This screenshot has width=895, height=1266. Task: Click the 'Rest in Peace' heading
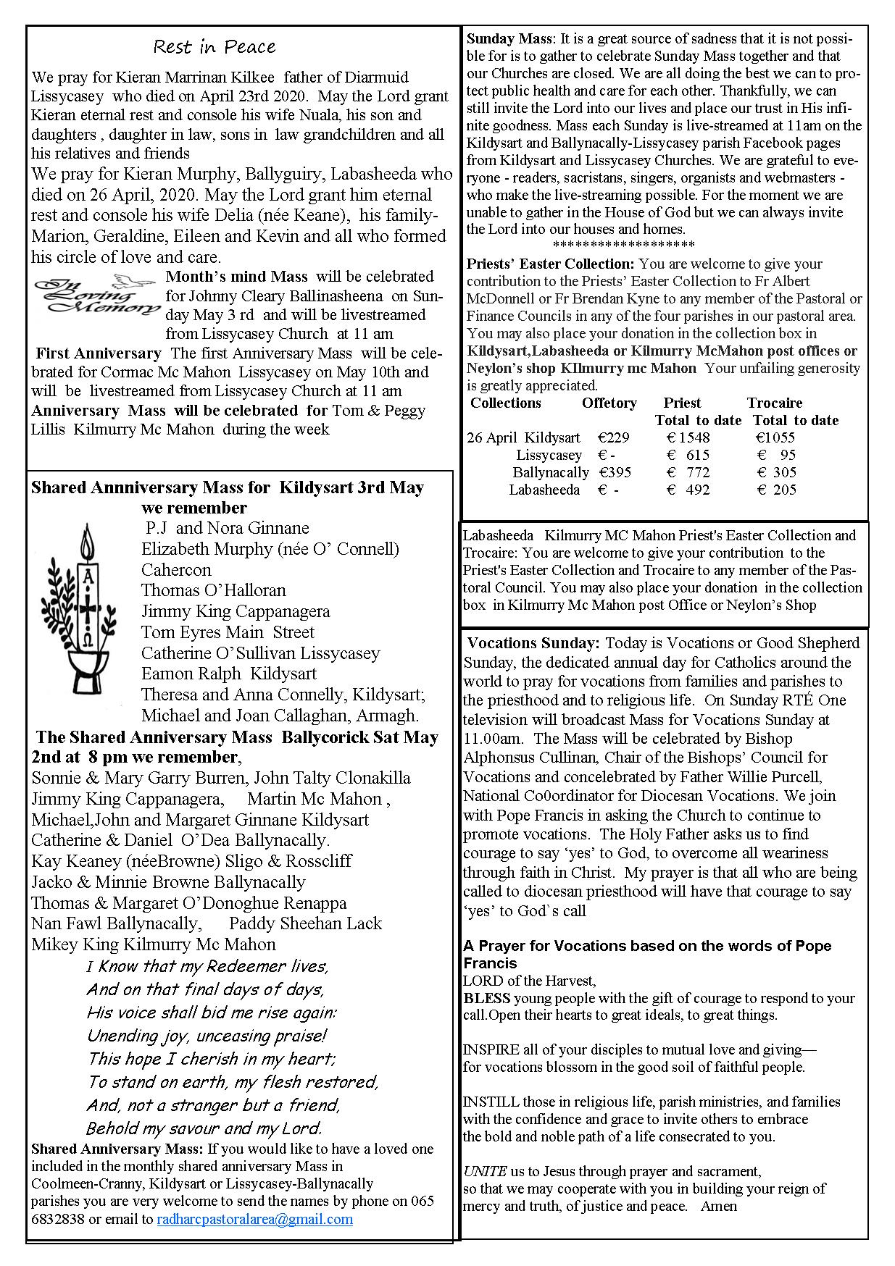tap(215, 47)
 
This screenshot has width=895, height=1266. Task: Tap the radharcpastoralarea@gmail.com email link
tap(254, 1219)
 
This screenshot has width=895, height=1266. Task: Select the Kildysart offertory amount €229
tap(614, 437)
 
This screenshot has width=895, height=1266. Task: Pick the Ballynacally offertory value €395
tap(615, 472)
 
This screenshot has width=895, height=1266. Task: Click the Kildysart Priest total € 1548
tap(688, 437)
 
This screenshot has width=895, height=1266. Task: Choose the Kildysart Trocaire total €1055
tap(775, 437)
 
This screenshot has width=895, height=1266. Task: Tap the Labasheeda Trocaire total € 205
tap(777, 490)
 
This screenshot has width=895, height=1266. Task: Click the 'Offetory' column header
tap(609, 403)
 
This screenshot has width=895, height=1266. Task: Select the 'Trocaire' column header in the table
tap(775, 403)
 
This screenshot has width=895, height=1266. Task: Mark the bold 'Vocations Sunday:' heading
tap(533, 643)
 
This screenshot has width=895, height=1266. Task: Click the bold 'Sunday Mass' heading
tap(509, 38)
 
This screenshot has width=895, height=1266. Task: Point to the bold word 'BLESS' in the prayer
tap(486, 998)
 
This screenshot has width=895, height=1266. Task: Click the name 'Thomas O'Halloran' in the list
tap(213, 590)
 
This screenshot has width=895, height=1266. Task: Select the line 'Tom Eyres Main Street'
tap(228, 632)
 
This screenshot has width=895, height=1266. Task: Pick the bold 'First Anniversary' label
tap(99, 353)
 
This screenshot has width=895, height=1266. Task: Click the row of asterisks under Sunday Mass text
tap(623, 245)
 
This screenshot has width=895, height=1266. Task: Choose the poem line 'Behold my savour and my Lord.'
tap(204, 1128)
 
